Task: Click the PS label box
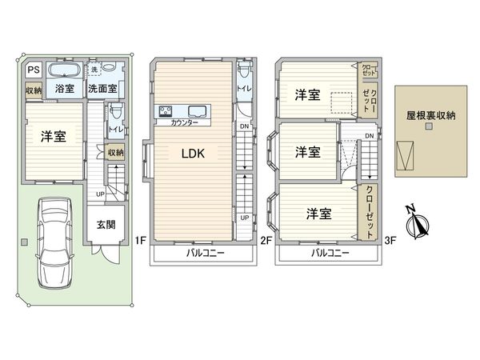32,70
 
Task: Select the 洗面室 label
102,89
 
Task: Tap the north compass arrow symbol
415,225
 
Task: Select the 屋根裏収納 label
430,115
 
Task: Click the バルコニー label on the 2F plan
206,253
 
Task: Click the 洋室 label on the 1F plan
54,136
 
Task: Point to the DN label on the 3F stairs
369,136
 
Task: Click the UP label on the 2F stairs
244,218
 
